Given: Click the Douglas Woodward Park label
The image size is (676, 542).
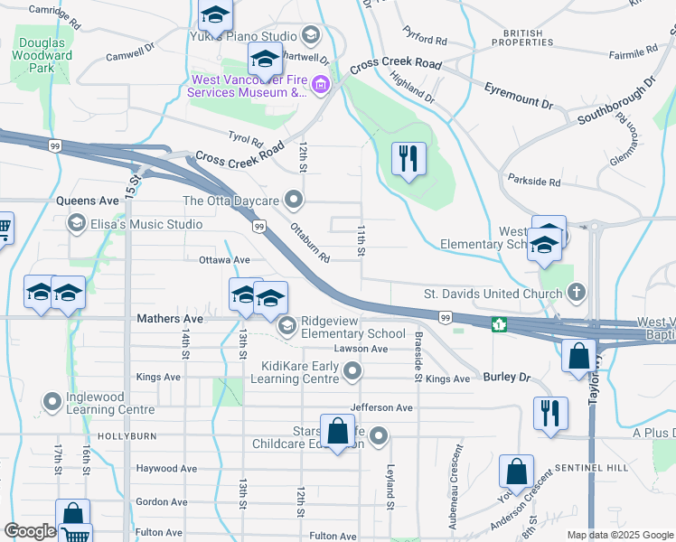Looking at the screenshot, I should (x=42, y=55).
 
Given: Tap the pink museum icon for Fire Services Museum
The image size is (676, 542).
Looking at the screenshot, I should (x=321, y=86).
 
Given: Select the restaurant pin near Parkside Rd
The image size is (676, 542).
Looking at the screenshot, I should (x=408, y=160).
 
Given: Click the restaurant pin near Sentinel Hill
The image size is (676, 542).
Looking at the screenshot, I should (x=549, y=414).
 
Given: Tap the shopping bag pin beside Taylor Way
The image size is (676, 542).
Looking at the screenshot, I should (x=578, y=356).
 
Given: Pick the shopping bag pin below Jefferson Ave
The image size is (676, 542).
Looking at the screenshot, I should (x=338, y=432).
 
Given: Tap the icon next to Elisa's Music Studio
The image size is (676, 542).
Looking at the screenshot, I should (x=77, y=223).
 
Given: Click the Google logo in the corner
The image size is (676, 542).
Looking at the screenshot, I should (x=30, y=531).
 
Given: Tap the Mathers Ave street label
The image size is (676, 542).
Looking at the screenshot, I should (x=170, y=319).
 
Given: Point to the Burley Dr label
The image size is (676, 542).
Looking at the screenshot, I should (x=504, y=376).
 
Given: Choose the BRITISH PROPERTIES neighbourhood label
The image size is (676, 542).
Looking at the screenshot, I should (x=518, y=37).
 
